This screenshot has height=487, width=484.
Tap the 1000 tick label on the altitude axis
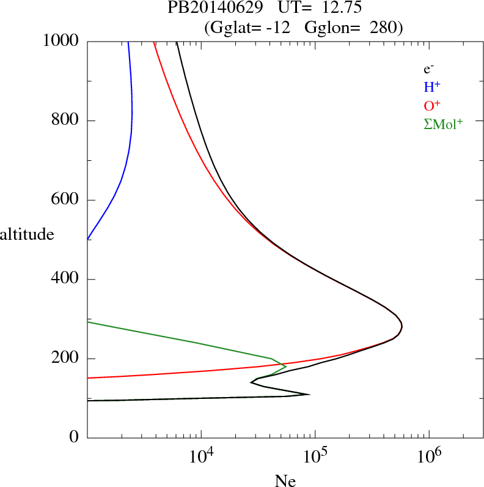point(61,41)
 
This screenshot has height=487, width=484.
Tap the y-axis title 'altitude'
point(27,234)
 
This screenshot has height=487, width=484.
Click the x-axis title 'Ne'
point(285,481)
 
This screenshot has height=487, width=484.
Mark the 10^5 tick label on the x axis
point(316,456)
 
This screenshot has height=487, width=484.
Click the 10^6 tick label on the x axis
point(429,456)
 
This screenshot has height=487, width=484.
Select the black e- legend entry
point(428,69)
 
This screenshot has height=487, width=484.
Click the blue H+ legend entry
point(431,87)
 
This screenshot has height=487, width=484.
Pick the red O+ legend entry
point(432,106)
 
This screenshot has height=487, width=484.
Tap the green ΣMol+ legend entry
point(443,124)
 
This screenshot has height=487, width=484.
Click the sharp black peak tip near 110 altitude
point(310,394)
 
